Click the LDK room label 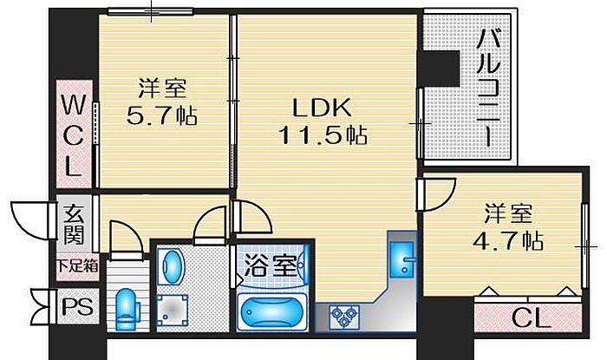[322, 108]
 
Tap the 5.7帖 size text [162, 115]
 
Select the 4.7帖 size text [508, 241]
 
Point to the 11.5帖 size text [323, 134]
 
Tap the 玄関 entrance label [74, 224]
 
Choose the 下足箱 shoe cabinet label [77, 266]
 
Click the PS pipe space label [78, 307]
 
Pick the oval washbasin [172, 267]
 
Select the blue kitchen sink [402, 259]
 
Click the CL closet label [531, 318]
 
